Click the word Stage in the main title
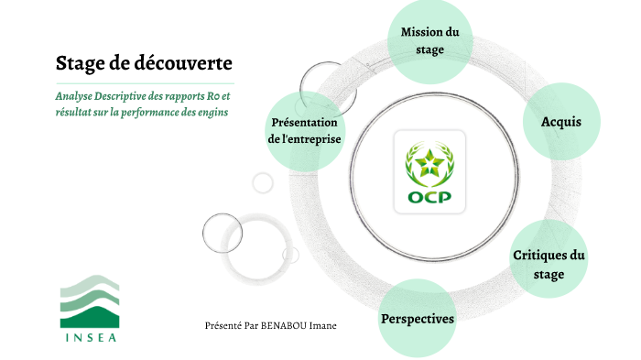79,64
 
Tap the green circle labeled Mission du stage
430,41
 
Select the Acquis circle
561,122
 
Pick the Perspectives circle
417,319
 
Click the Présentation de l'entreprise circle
305,131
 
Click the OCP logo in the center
429,172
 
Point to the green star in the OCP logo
429,163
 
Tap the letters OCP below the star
429,197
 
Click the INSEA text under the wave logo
90,335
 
